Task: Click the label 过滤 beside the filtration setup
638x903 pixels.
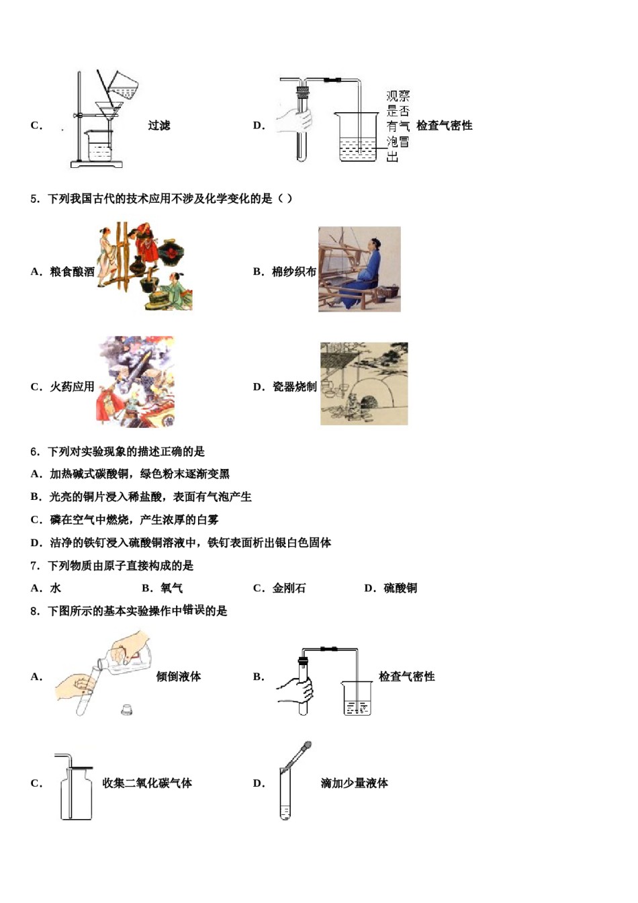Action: tap(159, 126)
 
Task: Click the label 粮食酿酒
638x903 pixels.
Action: tap(72, 272)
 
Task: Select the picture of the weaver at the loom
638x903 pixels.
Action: tap(359, 269)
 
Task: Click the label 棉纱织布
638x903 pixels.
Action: tap(293, 272)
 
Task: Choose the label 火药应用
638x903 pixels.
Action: tap(72, 387)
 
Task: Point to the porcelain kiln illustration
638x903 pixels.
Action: tap(364, 384)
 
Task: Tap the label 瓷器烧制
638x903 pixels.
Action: tap(294, 387)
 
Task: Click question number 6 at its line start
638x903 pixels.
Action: tap(35, 452)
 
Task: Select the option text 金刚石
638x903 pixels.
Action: tap(289, 589)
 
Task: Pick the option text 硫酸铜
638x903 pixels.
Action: tap(400, 589)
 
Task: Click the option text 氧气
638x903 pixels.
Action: tap(171, 589)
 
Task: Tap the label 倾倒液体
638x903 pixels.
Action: tap(179, 677)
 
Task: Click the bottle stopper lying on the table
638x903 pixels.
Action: tap(126, 709)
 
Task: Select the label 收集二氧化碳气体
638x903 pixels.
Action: tap(147, 783)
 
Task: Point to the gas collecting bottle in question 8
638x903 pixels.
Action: tap(76, 796)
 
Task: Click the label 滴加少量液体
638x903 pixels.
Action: tap(354, 783)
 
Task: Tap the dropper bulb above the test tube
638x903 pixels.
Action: tap(307, 746)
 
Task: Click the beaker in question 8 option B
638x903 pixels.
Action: tap(357, 699)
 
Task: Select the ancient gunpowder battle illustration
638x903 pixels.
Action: tap(136, 381)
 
